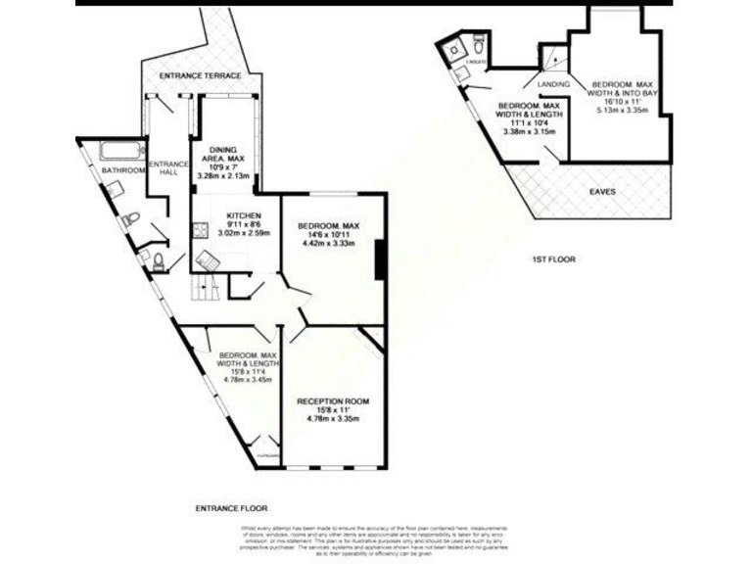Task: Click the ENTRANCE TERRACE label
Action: click(201, 75)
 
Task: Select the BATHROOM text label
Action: click(124, 169)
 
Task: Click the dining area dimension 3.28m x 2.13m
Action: click(223, 176)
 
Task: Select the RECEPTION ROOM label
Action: click(333, 401)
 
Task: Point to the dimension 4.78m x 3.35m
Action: click(333, 419)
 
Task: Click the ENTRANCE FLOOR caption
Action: click(230, 509)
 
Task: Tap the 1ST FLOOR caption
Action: click(553, 259)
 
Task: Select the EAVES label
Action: click(603, 192)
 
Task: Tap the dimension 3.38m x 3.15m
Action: click(529, 131)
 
